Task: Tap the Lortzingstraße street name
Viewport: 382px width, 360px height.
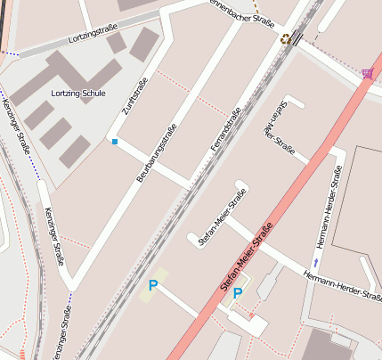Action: pyautogui.click(x=93, y=38)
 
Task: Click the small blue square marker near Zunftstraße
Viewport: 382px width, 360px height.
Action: pyautogui.click(x=114, y=141)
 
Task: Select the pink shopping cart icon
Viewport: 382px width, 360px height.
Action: pyautogui.click(x=368, y=73)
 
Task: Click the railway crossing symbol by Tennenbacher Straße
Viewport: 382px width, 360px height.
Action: pyautogui.click(x=286, y=38)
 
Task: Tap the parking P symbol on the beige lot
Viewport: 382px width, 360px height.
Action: pyautogui.click(x=153, y=286)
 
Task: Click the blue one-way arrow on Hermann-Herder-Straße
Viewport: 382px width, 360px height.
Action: pyautogui.click(x=315, y=262)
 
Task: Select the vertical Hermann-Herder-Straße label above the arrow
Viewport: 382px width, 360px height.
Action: pyautogui.click(x=329, y=211)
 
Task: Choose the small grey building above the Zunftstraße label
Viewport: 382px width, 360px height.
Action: pyautogui.click(x=142, y=42)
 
